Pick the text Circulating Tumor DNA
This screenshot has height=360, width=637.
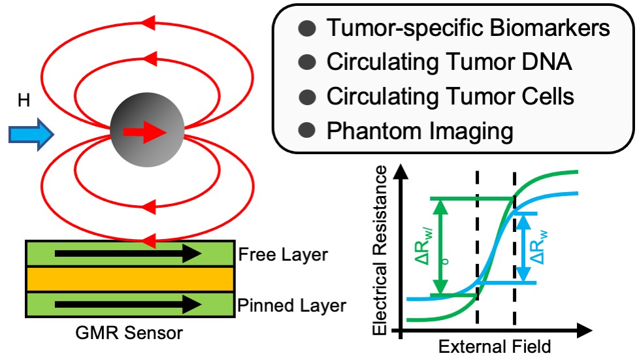pyautogui.click(x=449, y=63)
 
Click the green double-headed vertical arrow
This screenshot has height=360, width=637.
pyautogui.click(x=442, y=246)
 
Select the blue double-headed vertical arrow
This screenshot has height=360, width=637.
pyautogui.click(x=523, y=248)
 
